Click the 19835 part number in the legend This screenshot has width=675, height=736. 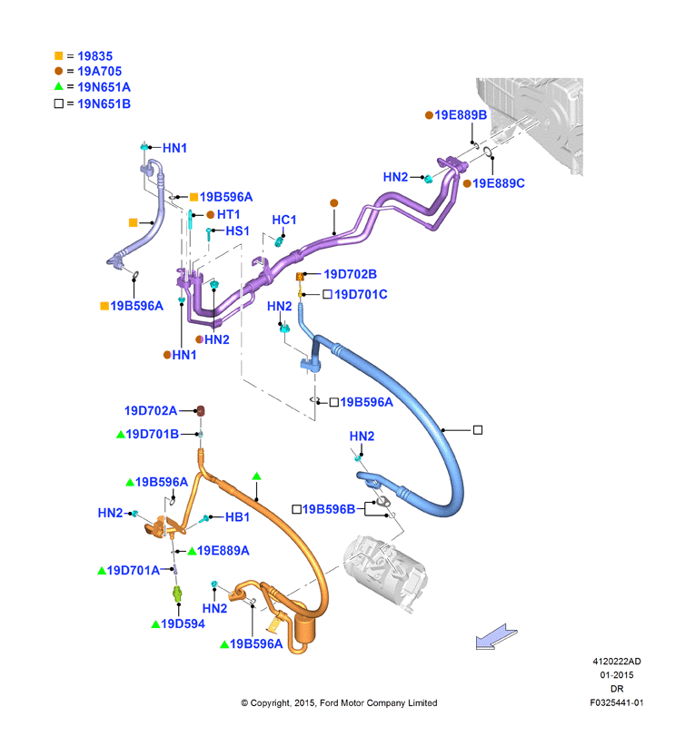(x=94, y=56)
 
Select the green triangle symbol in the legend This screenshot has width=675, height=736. (x=59, y=86)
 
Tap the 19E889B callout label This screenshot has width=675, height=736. (x=461, y=115)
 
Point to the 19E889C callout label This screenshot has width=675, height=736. (x=499, y=183)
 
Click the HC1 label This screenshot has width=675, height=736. (x=284, y=220)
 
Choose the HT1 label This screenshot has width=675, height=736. (x=228, y=214)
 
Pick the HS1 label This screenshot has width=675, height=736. (x=237, y=231)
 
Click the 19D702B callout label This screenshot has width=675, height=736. (x=350, y=274)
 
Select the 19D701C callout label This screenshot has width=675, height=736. (x=361, y=294)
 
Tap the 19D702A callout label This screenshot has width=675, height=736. (x=151, y=411)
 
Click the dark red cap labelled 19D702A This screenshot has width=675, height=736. (x=201, y=411)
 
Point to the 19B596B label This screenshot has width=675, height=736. (x=329, y=509)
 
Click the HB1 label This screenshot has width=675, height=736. (x=237, y=517)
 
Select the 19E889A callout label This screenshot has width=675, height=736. (x=223, y=551)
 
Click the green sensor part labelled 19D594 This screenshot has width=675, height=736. (x=177, y=594)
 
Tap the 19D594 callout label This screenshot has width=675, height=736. (x=183, y=623)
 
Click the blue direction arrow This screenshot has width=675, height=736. (x=496, y=637)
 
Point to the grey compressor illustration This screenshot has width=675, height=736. (x=385, y=572)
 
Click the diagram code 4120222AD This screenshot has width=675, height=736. (x=616, y=662)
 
